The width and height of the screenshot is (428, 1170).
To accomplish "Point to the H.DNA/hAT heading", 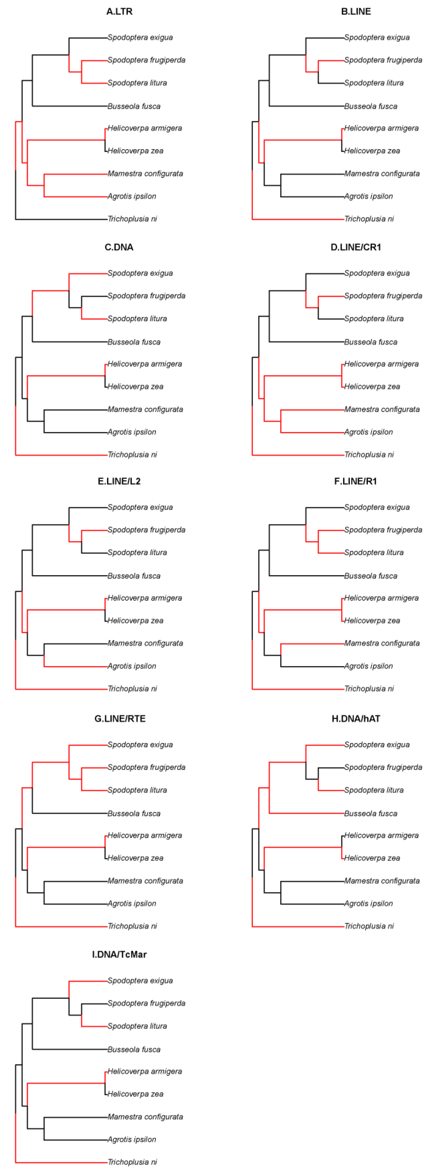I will [x=356, y=718].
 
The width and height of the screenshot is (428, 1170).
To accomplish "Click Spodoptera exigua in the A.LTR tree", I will [x=140, y=38].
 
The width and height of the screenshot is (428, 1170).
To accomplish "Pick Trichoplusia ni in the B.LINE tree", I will [x=369, y=219].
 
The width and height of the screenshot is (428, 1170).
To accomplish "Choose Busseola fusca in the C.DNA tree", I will [x=134, y=342].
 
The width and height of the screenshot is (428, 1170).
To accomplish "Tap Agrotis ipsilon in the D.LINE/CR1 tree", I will [x=369, y=432].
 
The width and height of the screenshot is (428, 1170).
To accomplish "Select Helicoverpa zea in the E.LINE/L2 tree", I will [x=135, y=620].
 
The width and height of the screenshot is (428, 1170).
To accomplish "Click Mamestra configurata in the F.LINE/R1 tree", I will [x=382, y=643].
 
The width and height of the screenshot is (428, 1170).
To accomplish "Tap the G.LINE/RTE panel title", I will [x=120, y=718].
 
